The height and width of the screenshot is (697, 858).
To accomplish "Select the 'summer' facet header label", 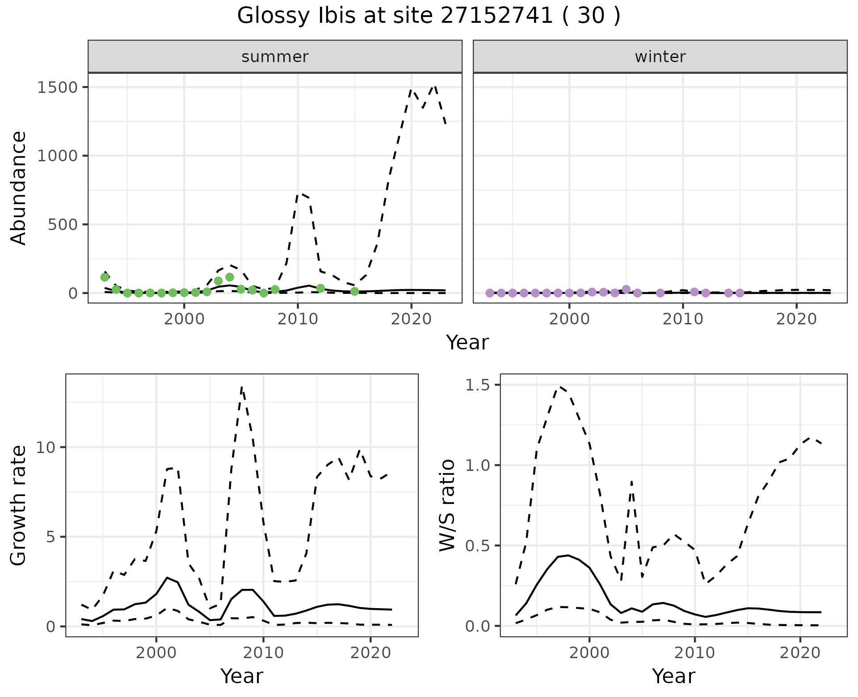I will tap(275, 57).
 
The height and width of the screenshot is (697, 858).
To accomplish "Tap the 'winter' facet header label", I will tap(660, 57).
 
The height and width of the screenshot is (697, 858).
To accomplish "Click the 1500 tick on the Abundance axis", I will tap(57, 87).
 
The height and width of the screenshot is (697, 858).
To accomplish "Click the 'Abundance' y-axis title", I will tap(19, 188).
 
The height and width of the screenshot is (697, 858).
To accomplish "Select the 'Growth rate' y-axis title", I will tap(19, 505).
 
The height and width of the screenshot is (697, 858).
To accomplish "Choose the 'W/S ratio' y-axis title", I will tap(447, 505).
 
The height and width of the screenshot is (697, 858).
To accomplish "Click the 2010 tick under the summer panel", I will tap(298, 319).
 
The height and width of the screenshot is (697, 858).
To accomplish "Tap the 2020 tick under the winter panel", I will tap(796, 319).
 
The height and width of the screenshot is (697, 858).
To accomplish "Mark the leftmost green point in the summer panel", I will tap(105, 277).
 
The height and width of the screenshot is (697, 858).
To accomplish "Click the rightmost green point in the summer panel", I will tap(355, 291).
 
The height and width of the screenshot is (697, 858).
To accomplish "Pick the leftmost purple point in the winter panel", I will tap(490, 293).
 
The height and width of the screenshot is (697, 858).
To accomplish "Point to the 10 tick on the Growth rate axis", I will tap(45, 448).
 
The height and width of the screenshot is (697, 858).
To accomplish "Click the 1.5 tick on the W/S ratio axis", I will tap(477, 385).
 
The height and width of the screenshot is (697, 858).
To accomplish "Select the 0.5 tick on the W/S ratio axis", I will tap(477, 546).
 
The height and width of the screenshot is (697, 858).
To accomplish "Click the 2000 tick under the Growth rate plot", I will tap(156, 653).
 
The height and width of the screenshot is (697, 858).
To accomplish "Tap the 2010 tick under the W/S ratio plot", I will tap(694, 653).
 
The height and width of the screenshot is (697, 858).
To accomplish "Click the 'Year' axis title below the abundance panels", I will tap(467, 343).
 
